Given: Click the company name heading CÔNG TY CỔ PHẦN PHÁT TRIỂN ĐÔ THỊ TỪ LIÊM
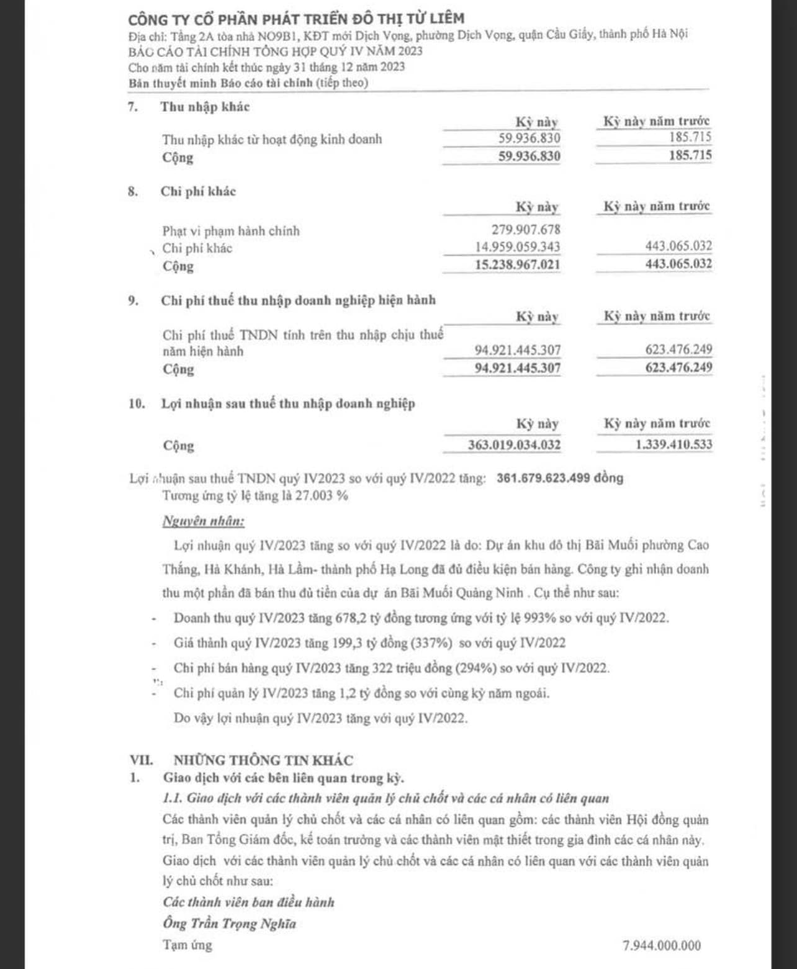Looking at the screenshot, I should (x=296, y=19).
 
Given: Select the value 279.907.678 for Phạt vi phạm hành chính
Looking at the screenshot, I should (x=526, y=230).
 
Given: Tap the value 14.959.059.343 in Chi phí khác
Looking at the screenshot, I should (x=518, y=247).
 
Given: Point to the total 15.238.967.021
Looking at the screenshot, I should (x=517, y=264).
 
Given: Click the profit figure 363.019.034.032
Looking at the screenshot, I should (x=514, y=445).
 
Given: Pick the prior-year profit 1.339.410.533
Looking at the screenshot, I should (x=673, y=444).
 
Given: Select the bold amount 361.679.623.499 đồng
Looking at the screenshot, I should (x=560, y=478).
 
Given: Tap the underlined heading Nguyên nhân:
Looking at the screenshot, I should (x=204, y=521).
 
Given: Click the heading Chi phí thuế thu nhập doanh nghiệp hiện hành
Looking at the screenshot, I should (x=298, y=300).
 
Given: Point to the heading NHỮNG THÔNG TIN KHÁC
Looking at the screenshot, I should (x=263, y=760).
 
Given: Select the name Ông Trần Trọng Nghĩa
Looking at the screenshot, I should (x=230, y=924).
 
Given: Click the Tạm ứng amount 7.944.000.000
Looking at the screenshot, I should (x=662, y=945).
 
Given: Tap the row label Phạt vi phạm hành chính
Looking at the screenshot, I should (x=231, y=231).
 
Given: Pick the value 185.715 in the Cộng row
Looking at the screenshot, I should (x=690, y=155).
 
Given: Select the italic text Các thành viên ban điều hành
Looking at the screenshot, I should (x=248, y=902).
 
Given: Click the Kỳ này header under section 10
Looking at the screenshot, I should (x=538, y=424).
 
